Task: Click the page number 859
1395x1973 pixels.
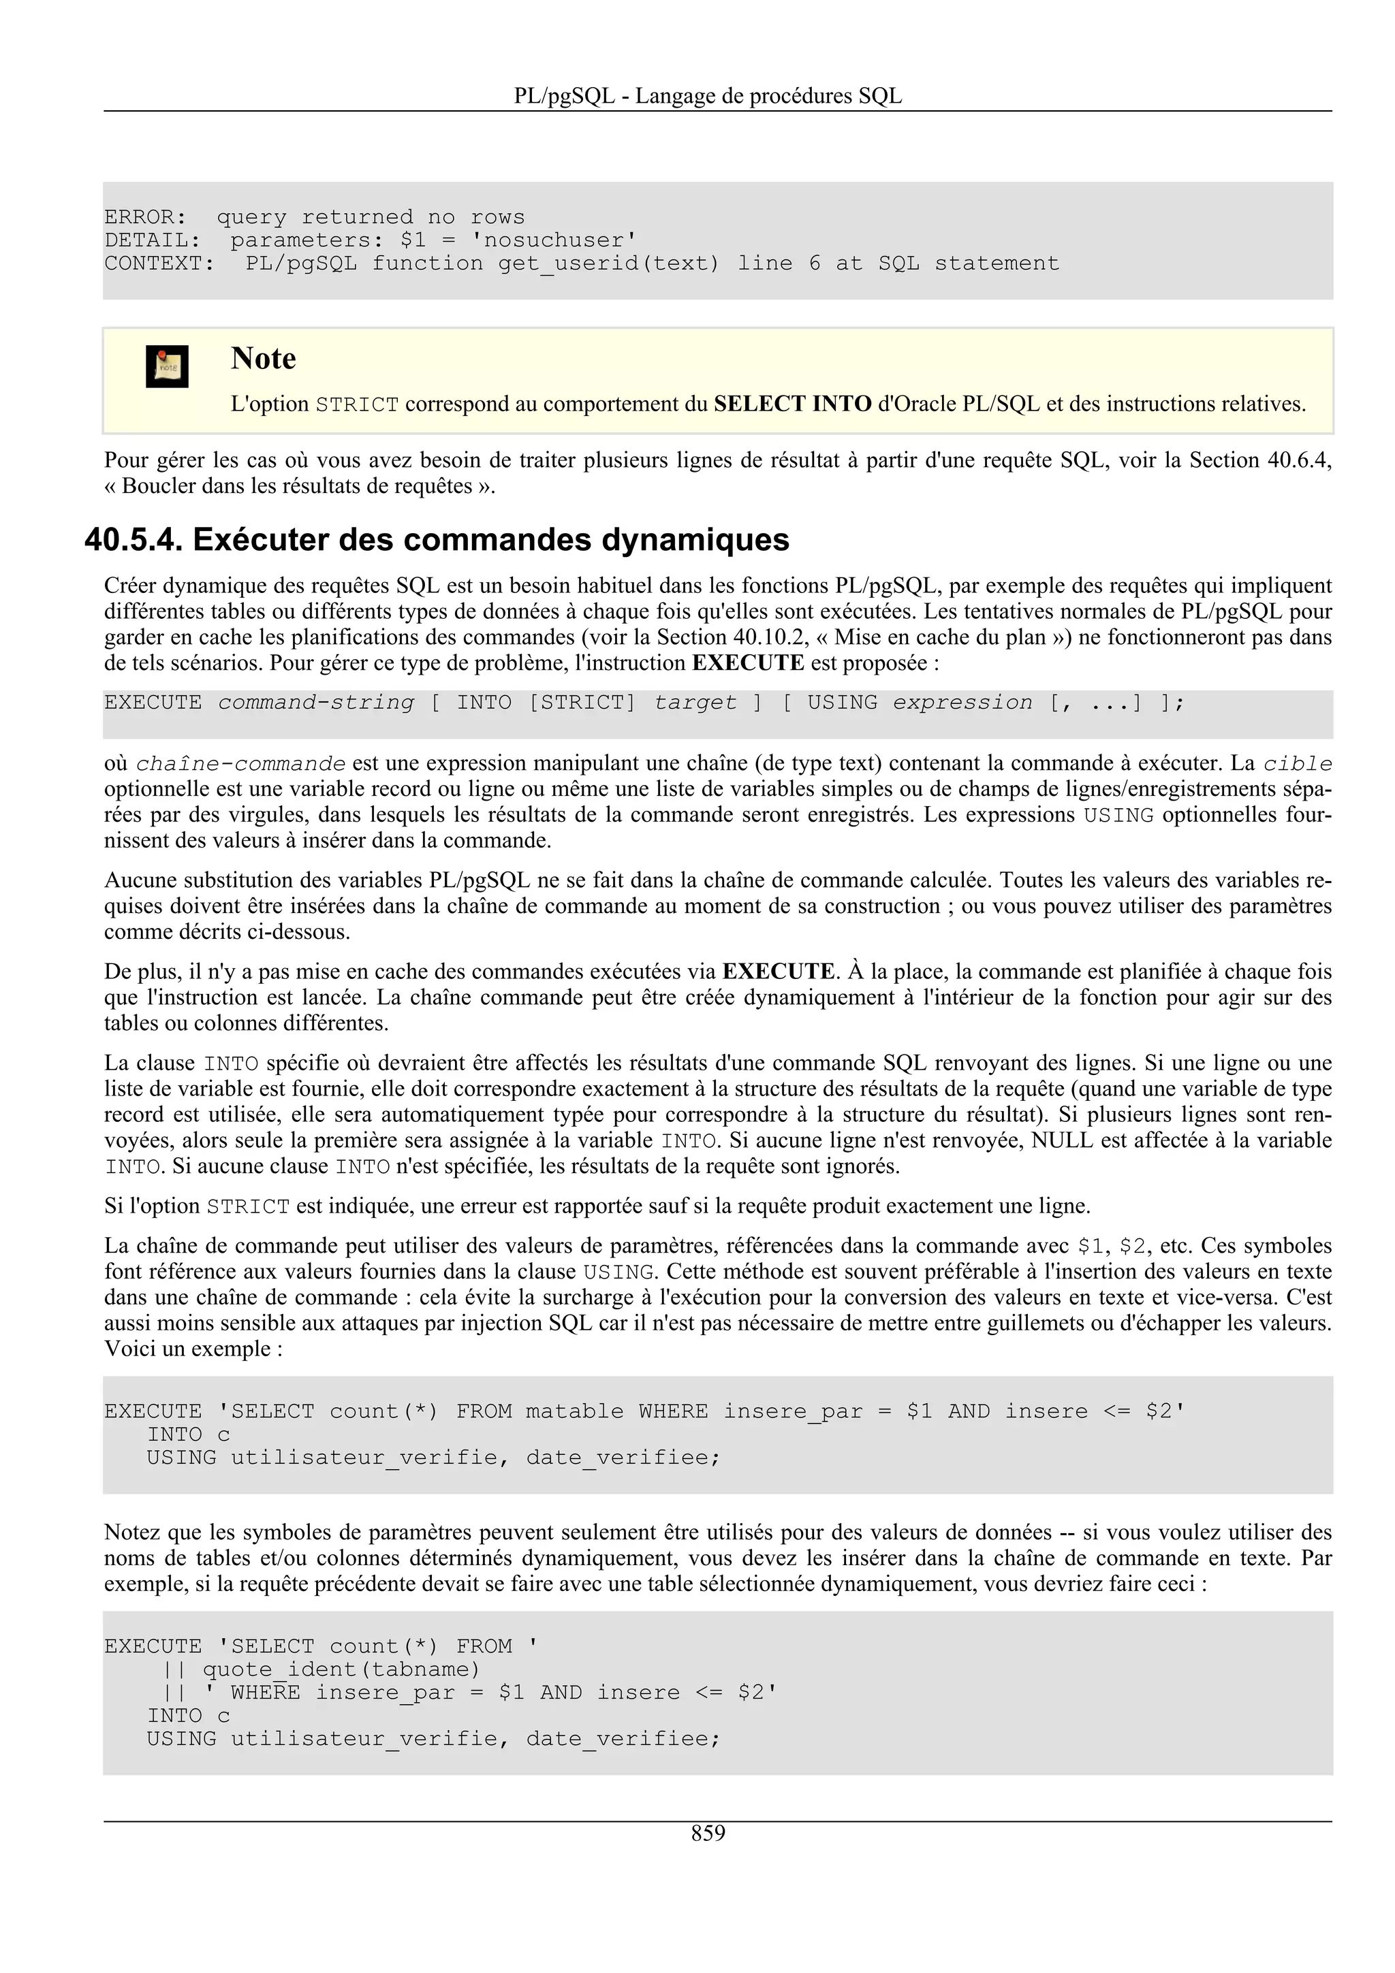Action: pos(708,1833)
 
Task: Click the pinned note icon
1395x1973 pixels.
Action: pos(167,367)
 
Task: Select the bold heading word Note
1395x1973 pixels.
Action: pos(263,358)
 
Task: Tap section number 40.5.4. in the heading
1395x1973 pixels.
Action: pos(134,540)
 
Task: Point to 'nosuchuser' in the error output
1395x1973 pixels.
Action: pos(554,240)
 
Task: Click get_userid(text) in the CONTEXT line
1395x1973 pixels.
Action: pos(608,263)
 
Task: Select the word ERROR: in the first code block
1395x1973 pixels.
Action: pos(145,217)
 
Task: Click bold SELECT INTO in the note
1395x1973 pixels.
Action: pos(792,404)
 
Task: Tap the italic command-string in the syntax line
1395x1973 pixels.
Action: pos(315,703)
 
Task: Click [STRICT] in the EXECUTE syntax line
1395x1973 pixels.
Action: pos(582,703)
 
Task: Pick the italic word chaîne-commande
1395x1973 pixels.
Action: pos(240,764)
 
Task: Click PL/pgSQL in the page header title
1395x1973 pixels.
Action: pos(564,96)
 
